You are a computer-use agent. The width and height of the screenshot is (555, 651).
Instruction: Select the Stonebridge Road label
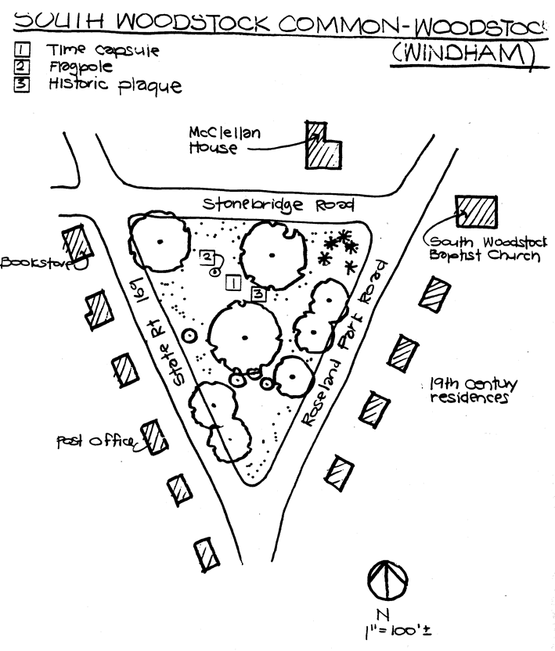pyautogui.click(x=278, y=206)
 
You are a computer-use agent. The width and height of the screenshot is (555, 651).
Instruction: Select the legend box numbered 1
pyautogui.click(x=21, y=51)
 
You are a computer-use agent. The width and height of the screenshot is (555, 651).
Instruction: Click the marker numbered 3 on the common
pyautogui.click(x=259, y=293)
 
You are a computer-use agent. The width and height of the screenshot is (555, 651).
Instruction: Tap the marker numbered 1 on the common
pyautogui.click(x=232, y=283)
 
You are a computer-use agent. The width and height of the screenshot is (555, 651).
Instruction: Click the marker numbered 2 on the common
pyautogui.click(x=207, y=256)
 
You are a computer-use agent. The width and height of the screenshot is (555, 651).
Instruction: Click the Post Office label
pyautogui.click(x=93, y=441)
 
